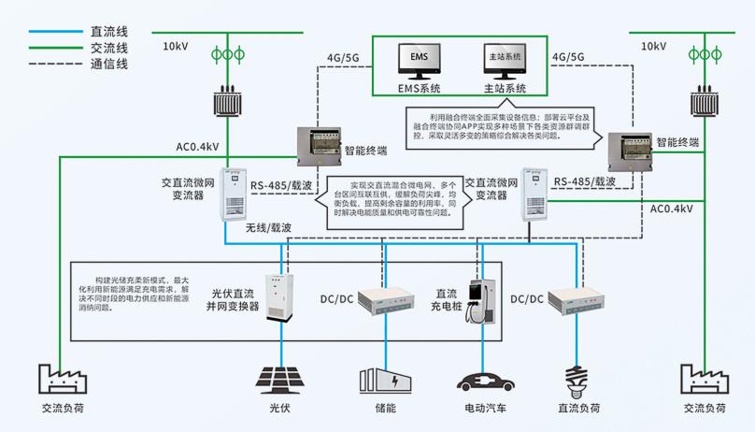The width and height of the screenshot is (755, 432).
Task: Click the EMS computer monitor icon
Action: [417, 61]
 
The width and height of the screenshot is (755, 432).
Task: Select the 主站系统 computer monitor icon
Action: [505, 61]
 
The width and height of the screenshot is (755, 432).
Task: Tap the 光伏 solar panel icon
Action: [278, 379]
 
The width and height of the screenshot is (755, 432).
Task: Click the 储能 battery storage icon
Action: [384, 380]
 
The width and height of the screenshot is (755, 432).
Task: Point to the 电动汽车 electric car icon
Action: [483, 382]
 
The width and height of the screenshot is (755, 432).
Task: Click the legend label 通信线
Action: [108, 64]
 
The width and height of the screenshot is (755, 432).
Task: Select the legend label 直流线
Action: [108, 31]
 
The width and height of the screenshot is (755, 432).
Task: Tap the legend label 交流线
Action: [108, 48]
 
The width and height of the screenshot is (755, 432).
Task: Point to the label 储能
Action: [384, 409]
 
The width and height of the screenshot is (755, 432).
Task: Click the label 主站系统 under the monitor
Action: [505, 90]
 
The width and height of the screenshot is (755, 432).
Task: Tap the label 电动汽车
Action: [483, 409]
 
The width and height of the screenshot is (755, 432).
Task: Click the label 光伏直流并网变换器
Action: [232, 299]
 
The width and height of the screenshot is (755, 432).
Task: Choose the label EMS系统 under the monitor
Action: [417, 90]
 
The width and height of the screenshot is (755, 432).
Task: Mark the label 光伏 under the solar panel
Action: [279, 409]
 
